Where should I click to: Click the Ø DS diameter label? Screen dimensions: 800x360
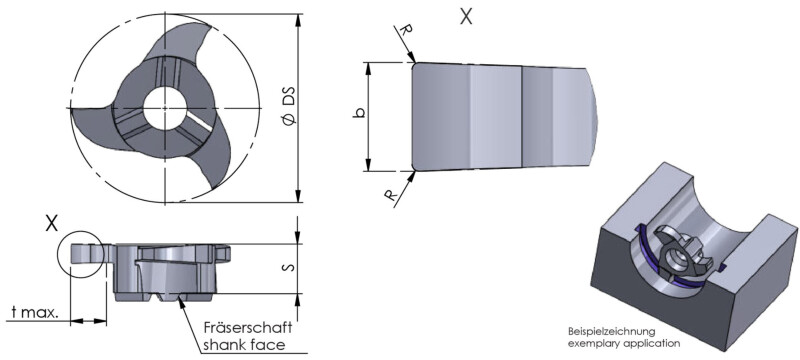[x=289, y=108]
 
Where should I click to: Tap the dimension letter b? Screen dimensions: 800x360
[x=359, y=113]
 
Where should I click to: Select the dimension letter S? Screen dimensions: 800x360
[x=289, y=267]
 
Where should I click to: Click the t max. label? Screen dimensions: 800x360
[x=34, y=312]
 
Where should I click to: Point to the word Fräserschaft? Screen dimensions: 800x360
[x=247, y=327]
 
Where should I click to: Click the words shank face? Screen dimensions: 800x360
[x=244, y=345]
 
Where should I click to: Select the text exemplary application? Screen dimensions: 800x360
[x=624, y=343]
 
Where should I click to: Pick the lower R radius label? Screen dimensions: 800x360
[x=391, y=195]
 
